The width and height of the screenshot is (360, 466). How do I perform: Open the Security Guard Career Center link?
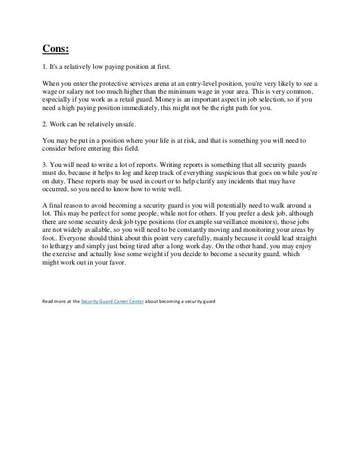113,301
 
